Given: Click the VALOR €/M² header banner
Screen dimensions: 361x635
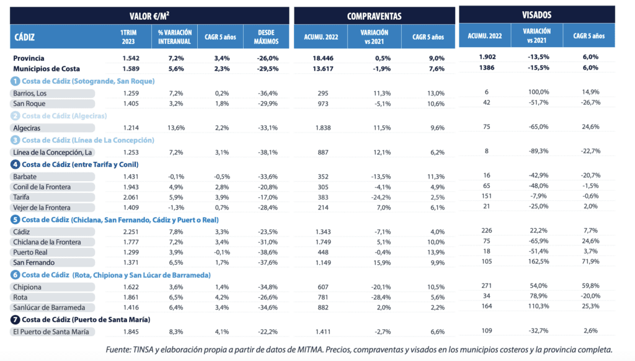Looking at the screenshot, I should (149, 15).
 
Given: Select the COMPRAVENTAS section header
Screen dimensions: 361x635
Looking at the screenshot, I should (374, 15).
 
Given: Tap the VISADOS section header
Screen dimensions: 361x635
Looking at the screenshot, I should (536, 14).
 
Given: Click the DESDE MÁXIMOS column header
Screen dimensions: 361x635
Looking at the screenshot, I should (265, 37).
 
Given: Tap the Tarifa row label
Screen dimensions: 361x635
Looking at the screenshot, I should (21, 197).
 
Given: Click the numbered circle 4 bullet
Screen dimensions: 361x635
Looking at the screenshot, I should (15, 164).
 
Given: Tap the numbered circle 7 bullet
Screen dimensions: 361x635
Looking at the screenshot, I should (15, 319).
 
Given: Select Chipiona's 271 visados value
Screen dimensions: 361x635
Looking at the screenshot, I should (486, 286).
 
